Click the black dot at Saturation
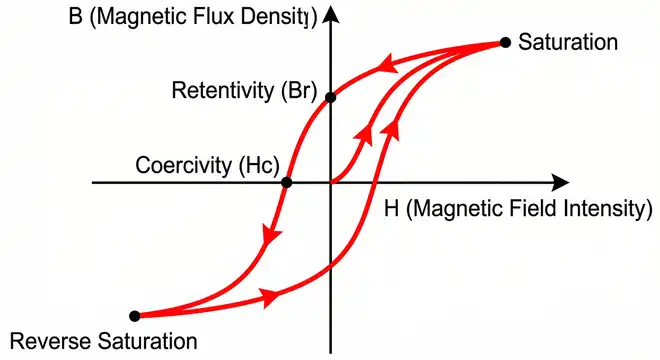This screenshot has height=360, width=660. click(x=505, y=42)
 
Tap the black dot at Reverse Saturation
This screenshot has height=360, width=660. click(x=135, y=315)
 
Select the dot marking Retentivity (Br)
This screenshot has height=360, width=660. click(x=332, y=97)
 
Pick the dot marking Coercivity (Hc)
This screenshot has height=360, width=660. click(x=287, y=182)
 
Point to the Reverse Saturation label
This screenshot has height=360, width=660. click(x=102, y=341)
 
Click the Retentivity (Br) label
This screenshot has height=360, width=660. click(x=244, y=93)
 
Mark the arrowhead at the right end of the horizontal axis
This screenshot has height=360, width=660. click(x=561, y=182)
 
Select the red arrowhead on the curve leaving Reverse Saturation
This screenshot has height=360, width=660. click(x=268, y=296)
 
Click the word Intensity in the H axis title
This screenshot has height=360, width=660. click(x=602, y=209)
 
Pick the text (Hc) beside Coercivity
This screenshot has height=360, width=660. click(x=250, y=165)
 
